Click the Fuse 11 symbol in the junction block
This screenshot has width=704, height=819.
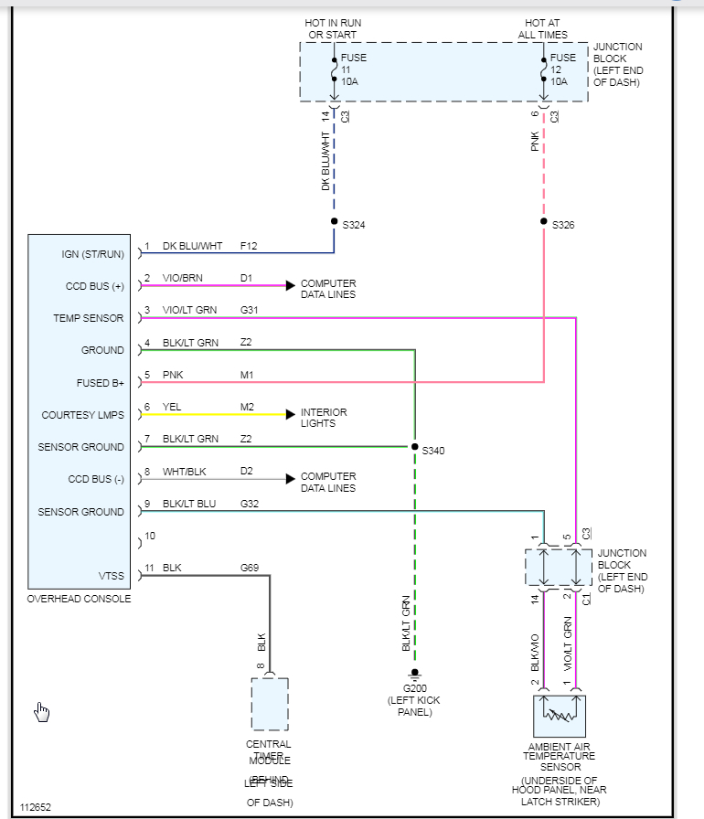coord(334,70)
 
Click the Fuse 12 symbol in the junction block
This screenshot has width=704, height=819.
coord(544,70)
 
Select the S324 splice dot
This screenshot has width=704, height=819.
coord(334,222)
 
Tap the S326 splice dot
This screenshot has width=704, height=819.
coord(544,222)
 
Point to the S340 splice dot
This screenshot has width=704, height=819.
coord(414,447)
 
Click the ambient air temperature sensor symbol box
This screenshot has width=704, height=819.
coord(559,717)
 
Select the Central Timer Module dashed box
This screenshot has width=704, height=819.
coord(270,704)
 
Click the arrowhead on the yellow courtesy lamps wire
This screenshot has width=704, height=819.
coord(290,414)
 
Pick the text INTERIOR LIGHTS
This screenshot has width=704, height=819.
coord(324,418)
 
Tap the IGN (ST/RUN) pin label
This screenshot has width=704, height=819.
coord(92,253)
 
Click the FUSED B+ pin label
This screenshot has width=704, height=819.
coord(101,383)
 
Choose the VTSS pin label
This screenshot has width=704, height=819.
coord(110,576)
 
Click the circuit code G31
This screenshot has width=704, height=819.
coord(250,310)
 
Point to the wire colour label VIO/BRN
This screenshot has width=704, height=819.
coord(184,278)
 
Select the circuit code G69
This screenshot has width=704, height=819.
coord(250,568)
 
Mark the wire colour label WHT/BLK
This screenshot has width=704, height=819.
coord(184,472)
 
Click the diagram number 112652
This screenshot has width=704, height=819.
coord(37,807)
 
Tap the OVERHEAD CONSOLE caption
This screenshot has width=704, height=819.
coord(79,599)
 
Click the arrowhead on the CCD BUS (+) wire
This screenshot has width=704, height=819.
coord(290,285)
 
